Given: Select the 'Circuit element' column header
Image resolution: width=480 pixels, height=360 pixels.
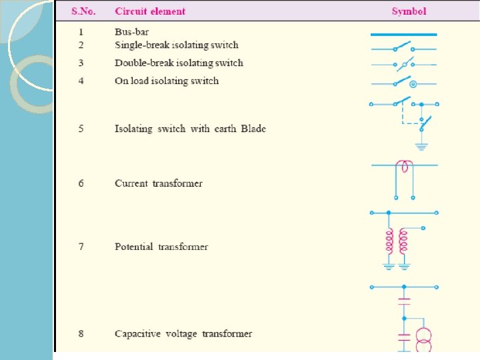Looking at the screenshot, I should pyautogui.click(x=150, y=11).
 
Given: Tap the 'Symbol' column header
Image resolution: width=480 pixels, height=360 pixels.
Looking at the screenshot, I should pyautogui.click(x=409, y=11).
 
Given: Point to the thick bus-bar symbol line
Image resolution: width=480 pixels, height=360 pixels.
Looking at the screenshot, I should pyautogui.click(x=403, y=34).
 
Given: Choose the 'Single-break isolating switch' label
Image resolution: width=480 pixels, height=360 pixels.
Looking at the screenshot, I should pyautogui.click(x=176, y=45).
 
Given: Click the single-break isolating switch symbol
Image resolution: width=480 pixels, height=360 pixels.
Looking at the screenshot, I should pyautogui.click(x=403, y=48).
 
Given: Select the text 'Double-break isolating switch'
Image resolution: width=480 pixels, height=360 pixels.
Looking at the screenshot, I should pyautogui.click(x=179, y=63).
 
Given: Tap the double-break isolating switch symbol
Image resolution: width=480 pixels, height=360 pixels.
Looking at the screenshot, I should pyautogui.click(x=403, y=65).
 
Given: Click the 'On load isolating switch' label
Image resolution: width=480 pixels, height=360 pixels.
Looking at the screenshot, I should pyautogui.click(x=166, y=81).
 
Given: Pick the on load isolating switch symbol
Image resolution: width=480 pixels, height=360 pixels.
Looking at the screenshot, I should pyautogui.click(x=403, y=83).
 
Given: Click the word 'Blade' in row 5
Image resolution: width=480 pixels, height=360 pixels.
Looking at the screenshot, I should pyautogui.click(x=253, y=129).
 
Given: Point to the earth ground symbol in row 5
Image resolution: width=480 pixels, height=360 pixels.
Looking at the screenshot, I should pyautogui.click(x=421, y=146).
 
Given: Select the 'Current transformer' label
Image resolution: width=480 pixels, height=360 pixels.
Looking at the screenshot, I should pyautogui.click(x=159, y=183).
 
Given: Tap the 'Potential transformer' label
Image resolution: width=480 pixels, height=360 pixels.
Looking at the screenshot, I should pyautogui.click(x=161, y=247).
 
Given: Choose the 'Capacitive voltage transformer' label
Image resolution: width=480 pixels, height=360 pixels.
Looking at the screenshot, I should pyautogui.click(x=183, y=333).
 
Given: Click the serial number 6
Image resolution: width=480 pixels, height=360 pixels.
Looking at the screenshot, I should pyautogui.click(x=81, y=183).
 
